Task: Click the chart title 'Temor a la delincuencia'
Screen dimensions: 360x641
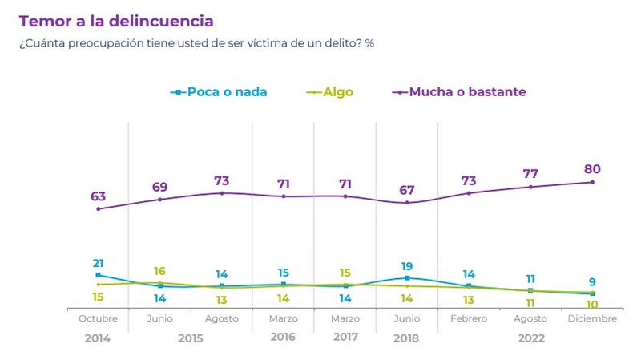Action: pos(116,21)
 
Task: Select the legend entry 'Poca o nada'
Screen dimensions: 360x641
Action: pos(227,92)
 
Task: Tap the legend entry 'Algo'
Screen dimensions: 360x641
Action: pos(338,92)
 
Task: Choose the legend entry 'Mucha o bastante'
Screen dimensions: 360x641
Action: pos(467,92)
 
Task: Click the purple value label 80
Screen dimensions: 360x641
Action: pos(592,169)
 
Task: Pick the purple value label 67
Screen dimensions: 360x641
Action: pos(407,189)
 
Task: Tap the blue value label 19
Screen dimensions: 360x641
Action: pos(407,265)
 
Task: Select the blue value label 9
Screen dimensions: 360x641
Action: pos(592,282)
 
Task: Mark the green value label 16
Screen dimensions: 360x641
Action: pos(159,272)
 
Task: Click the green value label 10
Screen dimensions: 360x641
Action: pos(592,305)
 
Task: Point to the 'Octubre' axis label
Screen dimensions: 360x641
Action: pos(98,319)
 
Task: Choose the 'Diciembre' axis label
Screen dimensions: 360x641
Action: pos(592,319)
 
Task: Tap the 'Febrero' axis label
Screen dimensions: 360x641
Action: pos(469,319)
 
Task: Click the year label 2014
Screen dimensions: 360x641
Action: pos(98,338)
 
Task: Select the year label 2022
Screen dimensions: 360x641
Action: pos(530,338)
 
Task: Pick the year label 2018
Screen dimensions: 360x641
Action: pos(407,338)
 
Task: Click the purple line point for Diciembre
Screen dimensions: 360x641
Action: pos(592,182)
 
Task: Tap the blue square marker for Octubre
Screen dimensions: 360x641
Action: pos(98,275)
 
